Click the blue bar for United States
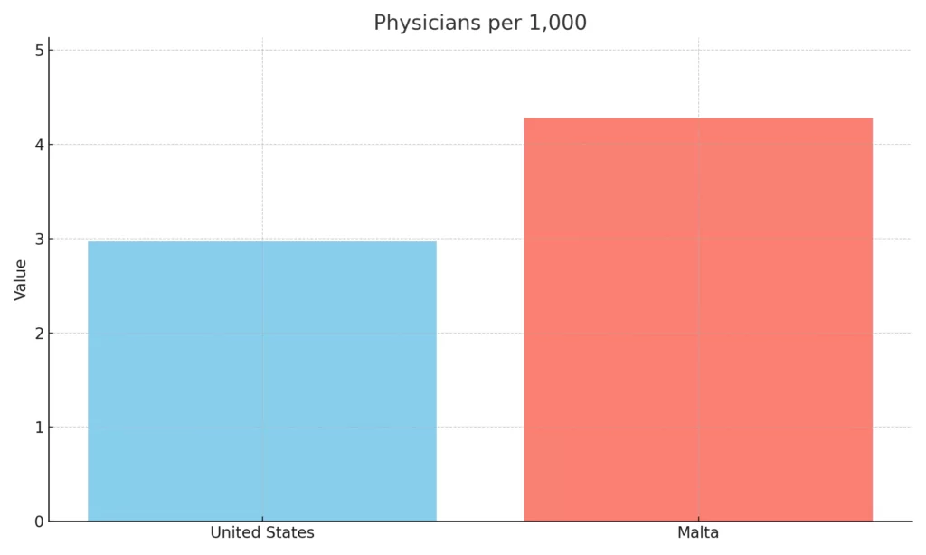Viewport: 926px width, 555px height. coord(262,381)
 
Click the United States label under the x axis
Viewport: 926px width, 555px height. coord(262,533)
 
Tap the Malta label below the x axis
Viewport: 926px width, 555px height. coord(698,533)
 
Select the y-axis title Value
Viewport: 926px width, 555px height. coord(20,279)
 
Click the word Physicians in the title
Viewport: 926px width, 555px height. coord(426,24)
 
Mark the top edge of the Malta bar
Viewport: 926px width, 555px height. coord(698,118)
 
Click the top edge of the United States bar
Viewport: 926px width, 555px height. coord(262,241)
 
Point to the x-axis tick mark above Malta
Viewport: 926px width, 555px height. coord(698,523)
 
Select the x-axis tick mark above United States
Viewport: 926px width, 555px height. coord(262,523)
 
